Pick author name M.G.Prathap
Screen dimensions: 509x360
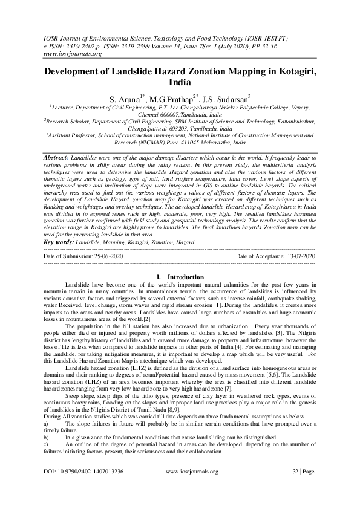(x=172, y=97)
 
